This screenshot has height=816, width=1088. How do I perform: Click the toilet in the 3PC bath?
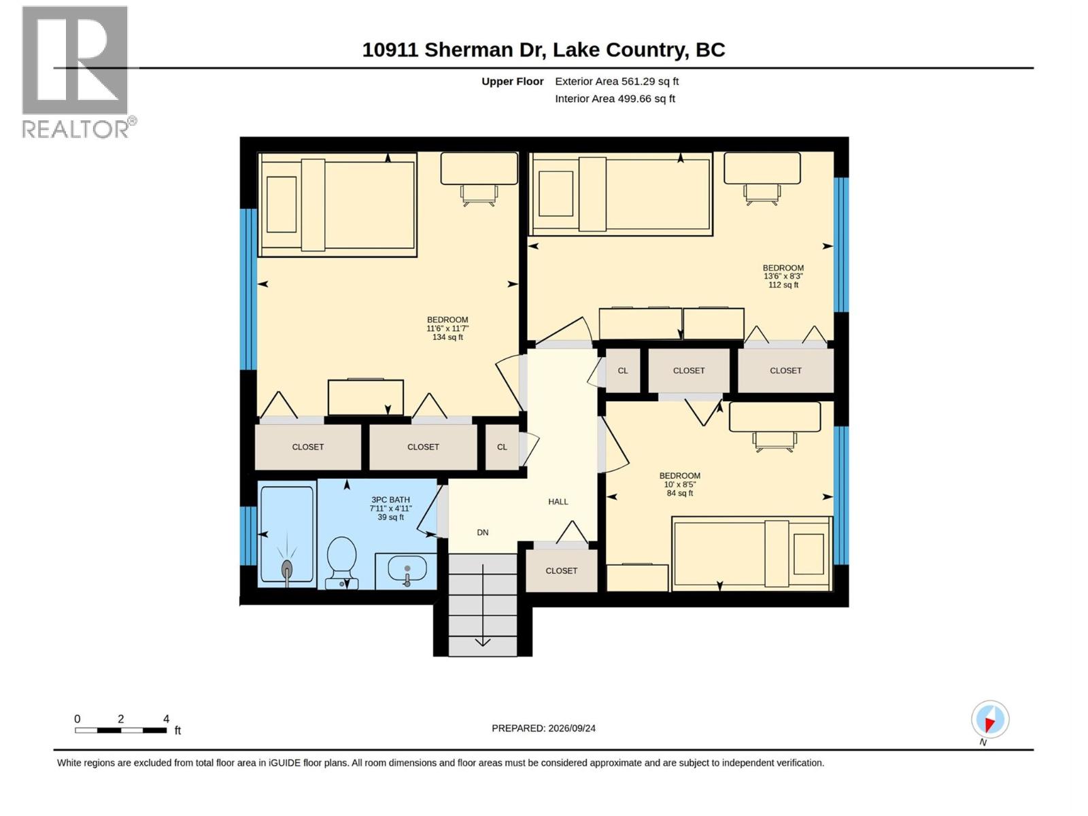click(341, 563)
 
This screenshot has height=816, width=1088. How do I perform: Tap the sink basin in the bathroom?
click(407, 568)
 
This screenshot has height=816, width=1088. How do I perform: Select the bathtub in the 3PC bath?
click(287, 534)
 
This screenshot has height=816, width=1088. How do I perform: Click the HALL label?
click(558, 501)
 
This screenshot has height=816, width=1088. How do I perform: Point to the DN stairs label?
click(482, 532)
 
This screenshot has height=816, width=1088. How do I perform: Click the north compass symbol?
click(989, 719)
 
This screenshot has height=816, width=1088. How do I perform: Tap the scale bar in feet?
click(120, 730)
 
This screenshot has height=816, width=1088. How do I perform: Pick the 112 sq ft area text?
click(783, 285)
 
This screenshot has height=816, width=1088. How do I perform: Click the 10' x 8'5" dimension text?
click(679, 485)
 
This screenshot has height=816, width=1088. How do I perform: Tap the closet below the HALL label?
click(561, 571)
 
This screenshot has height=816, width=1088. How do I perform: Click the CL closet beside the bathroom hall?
click(502, 447)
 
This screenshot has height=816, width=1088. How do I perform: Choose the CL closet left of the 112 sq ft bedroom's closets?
click(623, 371)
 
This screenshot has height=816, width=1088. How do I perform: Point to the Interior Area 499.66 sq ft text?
click(615, 99)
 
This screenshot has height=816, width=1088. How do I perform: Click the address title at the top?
click(543, 50)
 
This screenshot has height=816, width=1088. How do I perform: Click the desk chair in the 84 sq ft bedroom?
click(775, 442)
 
